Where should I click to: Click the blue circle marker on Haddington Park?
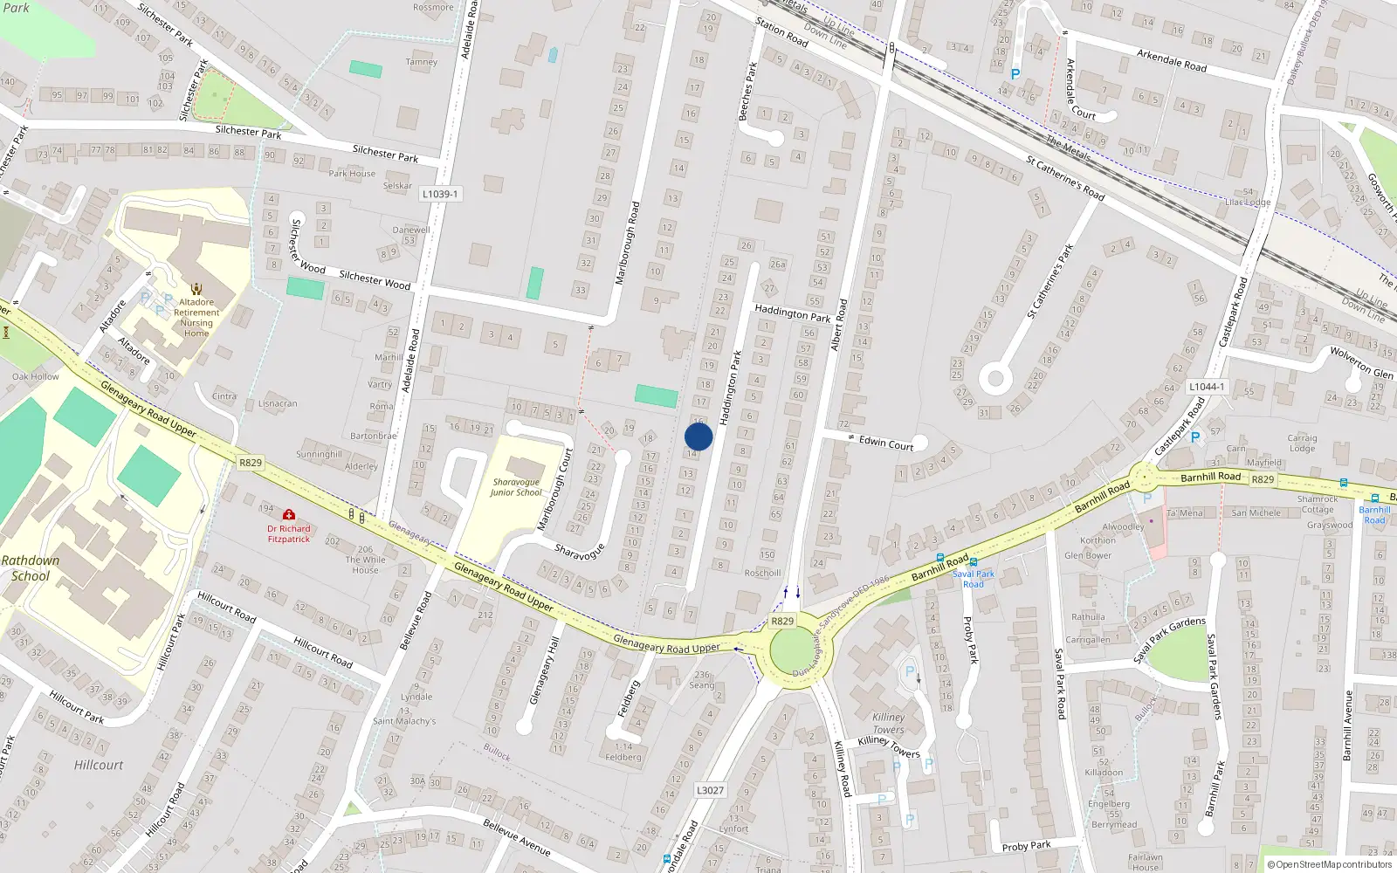click(x=698, y=436)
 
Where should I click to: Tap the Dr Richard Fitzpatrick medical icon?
click(x=289, y=515)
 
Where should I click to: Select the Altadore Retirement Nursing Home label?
click(x=196, y=318)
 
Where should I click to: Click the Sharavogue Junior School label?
click(x=516, y=487)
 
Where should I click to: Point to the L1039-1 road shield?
click(x=439, y=194)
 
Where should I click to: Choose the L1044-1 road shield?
click(x=1207, y=387)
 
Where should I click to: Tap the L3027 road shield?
click(x=710, y=790)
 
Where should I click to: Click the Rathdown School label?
click(x=31, y=567)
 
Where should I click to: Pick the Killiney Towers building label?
click(x=888, y=723)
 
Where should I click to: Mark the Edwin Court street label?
click(x=885, y=443)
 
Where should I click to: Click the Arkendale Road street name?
click(x=1172, y=60)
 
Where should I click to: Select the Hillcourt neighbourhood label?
click(x=99, y=765)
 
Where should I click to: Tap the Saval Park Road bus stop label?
click(x=974, y=579)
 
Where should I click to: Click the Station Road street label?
click(x=781, y=33)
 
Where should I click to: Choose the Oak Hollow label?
click(x=36, y=376)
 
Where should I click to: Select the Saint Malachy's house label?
click(x=404, y=721)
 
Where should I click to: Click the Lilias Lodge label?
click(x=1248, y=202)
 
